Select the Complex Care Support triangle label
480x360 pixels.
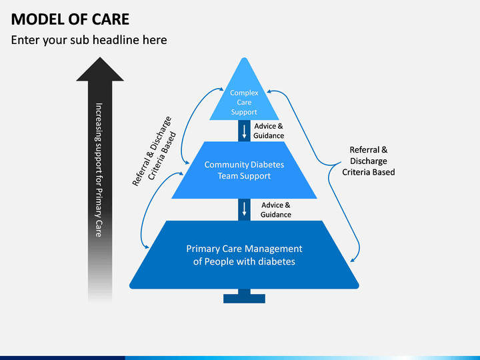(244, 102)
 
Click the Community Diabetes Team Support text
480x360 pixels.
(244, 170)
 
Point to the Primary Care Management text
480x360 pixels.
(244, 255)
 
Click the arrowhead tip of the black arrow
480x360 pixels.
(100, 57)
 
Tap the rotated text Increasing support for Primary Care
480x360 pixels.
(99, 170)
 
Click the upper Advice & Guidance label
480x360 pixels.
(269, 131)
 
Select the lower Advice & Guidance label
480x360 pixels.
(275, 210)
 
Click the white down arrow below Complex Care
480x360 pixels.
(244, 131)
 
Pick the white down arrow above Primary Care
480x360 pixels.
(244, 209)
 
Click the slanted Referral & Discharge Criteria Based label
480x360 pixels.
(154, 151)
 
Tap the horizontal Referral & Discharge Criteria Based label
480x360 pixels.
(368, 161)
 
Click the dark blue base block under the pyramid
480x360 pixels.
(244, 297)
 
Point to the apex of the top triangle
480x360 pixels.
(244, 57)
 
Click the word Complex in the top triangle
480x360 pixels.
(244, 93)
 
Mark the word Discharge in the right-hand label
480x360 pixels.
(368, 161)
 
